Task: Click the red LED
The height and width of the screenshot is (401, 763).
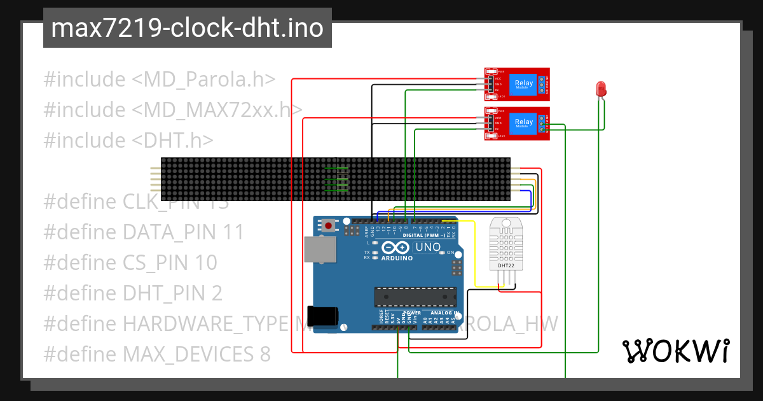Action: coord(601,89)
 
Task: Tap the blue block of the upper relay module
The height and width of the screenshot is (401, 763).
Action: coord(524,84)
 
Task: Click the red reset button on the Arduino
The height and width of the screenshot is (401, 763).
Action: coord(329,225)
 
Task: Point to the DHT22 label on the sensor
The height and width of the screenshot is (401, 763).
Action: coord(506,265)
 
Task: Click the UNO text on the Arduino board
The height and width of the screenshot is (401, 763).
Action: coord(427,247)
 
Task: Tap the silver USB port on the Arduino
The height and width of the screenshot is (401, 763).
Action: coord(321,250)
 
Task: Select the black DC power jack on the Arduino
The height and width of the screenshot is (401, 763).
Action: coord(322,316)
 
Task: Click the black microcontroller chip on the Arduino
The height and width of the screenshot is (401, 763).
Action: coord(415,297)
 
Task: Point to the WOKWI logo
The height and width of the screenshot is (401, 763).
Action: coord(675,351)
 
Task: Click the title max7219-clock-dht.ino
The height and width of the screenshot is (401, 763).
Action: coord(188,28)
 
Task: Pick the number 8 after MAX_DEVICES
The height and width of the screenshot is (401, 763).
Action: coord(265,354)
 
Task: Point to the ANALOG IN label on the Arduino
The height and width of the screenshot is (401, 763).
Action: coord(443,313)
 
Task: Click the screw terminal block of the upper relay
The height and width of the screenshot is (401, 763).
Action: coord(542,84)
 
